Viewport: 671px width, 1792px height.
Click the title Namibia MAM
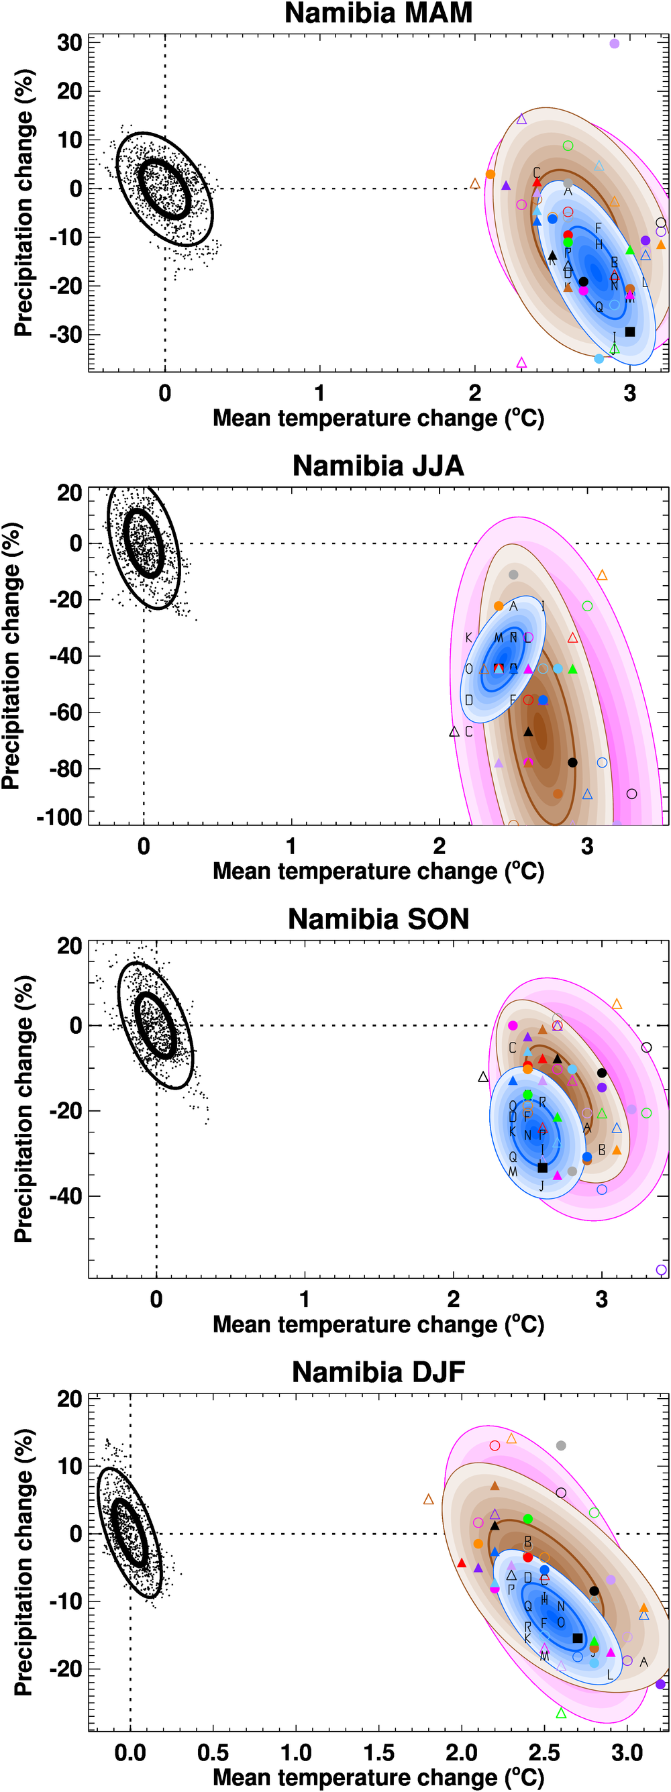378,13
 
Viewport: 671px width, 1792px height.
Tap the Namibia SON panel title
378,919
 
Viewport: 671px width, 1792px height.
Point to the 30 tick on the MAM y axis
70,42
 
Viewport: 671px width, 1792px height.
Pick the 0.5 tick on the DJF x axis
213,1752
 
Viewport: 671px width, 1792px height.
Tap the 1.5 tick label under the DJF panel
378,1752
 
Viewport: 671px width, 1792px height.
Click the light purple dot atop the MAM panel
614,43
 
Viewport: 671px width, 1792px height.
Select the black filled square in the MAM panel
630,332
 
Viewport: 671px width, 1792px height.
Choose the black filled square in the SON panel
542,1167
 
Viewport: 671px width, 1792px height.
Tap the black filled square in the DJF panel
577,1638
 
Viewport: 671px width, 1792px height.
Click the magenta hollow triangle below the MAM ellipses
521,362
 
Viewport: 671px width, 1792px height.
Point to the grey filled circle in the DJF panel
561,1446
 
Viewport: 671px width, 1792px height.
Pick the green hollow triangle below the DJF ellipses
561,1714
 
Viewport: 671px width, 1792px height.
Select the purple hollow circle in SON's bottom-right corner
661,1269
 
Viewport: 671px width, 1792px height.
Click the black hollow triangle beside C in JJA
454,732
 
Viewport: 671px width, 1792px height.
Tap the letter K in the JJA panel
468,638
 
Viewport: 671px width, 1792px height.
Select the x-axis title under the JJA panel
378,871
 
